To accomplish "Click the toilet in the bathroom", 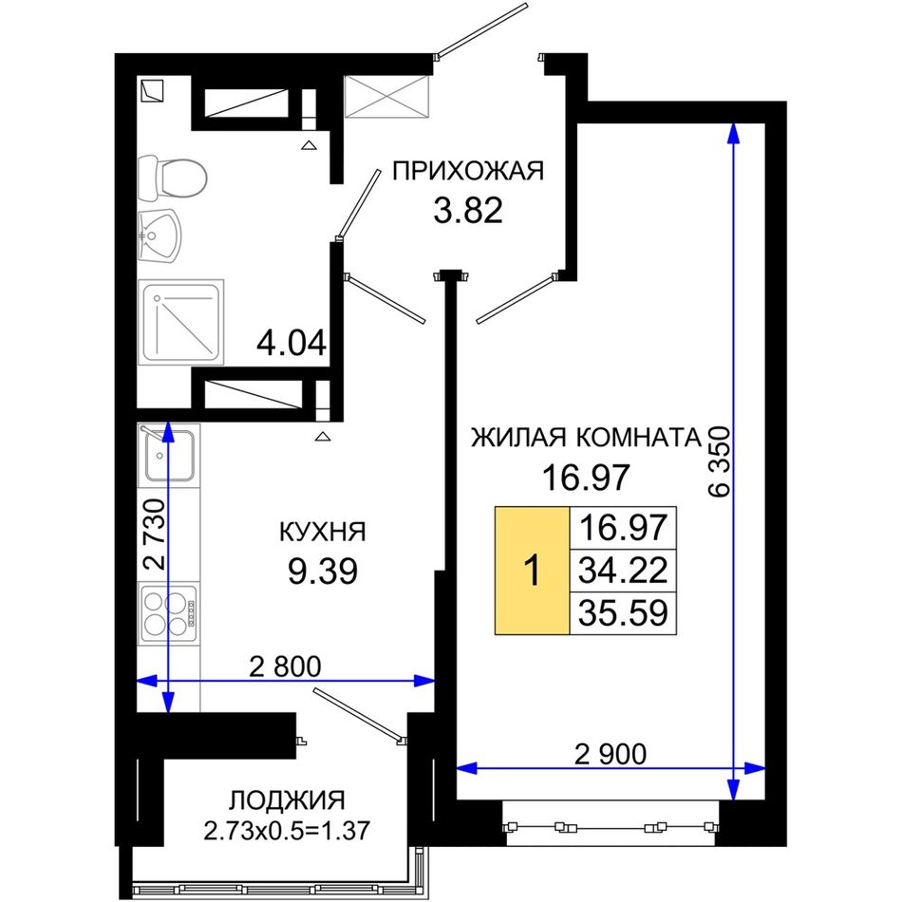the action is [172, 178].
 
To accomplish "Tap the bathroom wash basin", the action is [160, 236].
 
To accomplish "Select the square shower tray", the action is [181, 322].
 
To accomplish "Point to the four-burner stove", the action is [169, 613].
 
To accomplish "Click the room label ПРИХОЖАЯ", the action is [468, 172].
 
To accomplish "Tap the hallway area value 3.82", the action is [468, 211].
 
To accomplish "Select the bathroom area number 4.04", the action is [291, 344].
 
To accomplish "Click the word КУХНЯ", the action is [323, 532].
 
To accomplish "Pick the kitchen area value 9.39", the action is [323, 572].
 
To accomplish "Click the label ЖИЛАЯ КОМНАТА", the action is [586, 438].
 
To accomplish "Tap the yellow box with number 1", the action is [532, 571].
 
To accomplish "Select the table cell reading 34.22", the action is [623, 571].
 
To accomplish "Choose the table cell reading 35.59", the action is [623, 613].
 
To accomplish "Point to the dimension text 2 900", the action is [611, 754].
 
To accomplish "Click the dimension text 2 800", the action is [286, 667].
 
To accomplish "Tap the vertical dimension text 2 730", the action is [154, 534].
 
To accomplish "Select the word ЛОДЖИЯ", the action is [287, 800].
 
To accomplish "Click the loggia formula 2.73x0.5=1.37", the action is [287, 831].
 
